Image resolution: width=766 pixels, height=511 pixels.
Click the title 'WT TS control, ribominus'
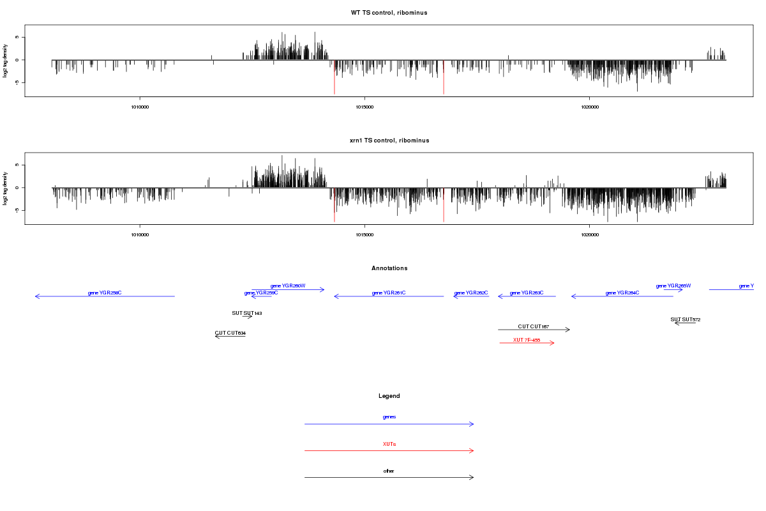pyautogui.click(x=389, y=13)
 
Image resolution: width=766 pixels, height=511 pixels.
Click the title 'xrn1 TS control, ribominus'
pyautogui.click(x=389, y=141)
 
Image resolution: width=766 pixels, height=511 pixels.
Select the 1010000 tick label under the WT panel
pyautogui.click(x=140, y=107)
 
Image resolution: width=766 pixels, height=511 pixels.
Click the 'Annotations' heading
pyautogui.click(x=389, y=268)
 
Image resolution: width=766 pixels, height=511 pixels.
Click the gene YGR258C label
pyautogui.click(x=105, y=293)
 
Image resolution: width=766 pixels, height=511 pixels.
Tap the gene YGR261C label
pyautogui.click(x=389, y=293)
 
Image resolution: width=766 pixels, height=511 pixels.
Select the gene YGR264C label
pyautogui.click(x=622, y=293)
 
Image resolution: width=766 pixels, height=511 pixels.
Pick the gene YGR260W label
pyautogui.click(x=288, y=286)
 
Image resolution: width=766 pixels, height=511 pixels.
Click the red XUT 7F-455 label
pyautogui.click(x=527, y=340)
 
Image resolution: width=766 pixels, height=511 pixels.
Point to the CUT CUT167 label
pyautogui.click(x=534, y=326)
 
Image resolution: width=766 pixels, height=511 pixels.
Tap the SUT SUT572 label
pyautogui.click(x=685, y=319)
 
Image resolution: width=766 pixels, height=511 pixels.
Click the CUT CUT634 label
pyautogui.click(x=230, y=333)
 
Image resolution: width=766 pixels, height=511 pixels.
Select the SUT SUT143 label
pyautogui.click(x=247, y=313)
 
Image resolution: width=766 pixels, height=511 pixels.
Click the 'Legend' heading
pyautogui.click(x=389, y=396)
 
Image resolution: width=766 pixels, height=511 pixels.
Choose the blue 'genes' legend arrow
pyautogui.click(x=389, y=424)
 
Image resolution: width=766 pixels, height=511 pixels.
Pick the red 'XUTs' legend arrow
pyautogui.click(x=389, y=451)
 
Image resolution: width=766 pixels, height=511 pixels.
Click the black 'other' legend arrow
pyautogui.click(x=389, y=477)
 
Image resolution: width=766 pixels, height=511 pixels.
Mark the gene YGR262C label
pyautogui.click(x=471, y=293)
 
